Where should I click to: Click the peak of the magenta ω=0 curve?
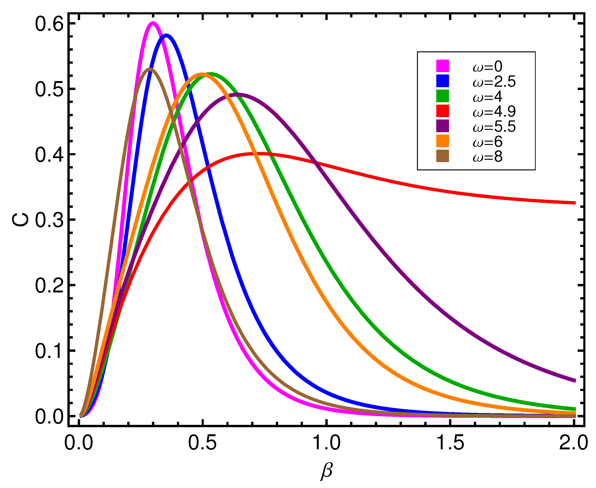tap(153, 23)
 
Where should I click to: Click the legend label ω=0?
tap(488, 67)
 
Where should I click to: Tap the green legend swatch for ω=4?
tap(442, 96)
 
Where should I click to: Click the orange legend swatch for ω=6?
tap(442, 141)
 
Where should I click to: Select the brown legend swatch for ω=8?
tap(442, 156)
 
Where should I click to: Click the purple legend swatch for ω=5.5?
tap(442, 126)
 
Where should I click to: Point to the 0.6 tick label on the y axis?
tap(49, 24)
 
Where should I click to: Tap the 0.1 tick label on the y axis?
tap(49, 351)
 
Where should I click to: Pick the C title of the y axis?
tap(20, 220)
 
